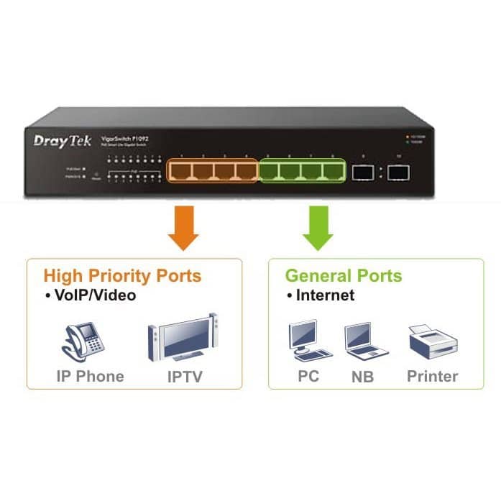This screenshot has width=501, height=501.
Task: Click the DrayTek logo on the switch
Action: tap(63, 140)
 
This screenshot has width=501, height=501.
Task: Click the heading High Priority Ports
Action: tap(122, 276)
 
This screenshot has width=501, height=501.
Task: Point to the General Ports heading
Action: tap(343, 276)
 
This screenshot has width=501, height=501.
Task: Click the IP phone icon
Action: tap(83, 339)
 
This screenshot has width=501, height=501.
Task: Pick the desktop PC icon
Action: tap(308, 340)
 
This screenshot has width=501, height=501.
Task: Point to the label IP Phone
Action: tap(90, 376)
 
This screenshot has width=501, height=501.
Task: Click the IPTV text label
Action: tap(182, 376)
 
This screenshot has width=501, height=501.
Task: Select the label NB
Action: tap(362, 377)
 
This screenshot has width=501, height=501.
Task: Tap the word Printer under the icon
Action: tap(432, 376)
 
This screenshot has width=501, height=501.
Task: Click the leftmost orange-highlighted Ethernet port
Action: tap(181, 171)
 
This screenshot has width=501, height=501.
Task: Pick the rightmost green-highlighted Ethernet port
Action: tap(333, 171)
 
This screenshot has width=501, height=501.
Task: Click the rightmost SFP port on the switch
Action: tap(397, 172)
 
